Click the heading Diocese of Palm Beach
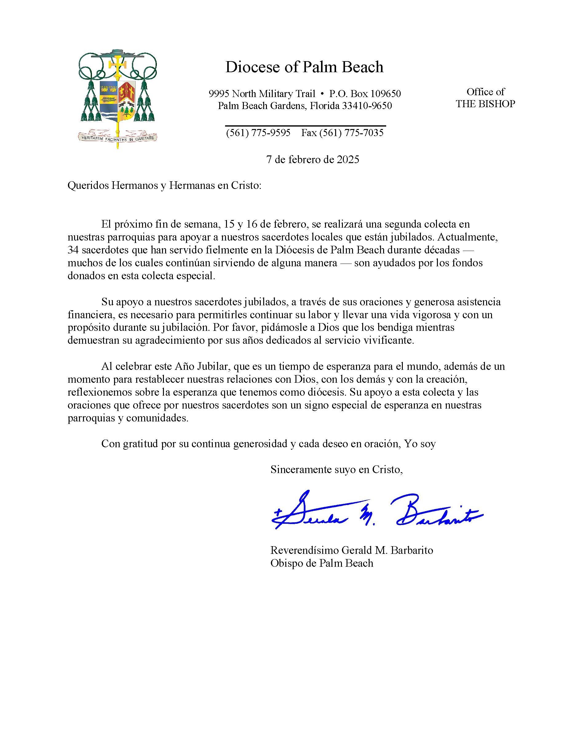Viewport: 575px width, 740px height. pyautogui.click(x=304, y=67)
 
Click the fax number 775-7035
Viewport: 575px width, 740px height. pyautogui.click(x=364, y=133)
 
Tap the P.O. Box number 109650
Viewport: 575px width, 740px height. pyautogui.click(x=386, y=93)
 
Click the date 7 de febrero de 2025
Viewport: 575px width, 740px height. pyautogui.click(x=312, y=160)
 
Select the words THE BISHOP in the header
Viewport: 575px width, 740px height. pyautogui.click(x=485, y=104)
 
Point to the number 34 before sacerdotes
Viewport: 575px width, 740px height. pyautogui.click(x=73, y=250)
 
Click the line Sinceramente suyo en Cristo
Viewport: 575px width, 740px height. pyautogui.click(x=336, y=470)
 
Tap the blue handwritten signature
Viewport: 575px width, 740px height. pyautogui.click(x=377, y=512)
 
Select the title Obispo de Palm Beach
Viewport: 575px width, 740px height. pyautogui.click(x=322, y=563)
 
